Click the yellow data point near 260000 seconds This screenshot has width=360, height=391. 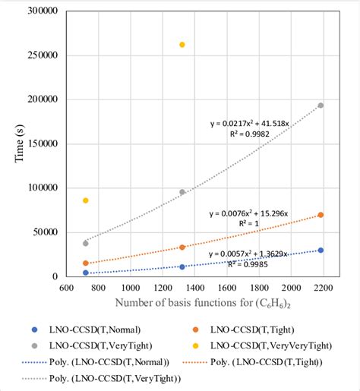tap(182, 45)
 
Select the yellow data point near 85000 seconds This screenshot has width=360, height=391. tap(86, 200)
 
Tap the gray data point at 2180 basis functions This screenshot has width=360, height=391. tap(321, 106)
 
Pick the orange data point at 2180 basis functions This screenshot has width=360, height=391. tap(321, 215)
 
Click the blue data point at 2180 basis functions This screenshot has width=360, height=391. tap(321, 250)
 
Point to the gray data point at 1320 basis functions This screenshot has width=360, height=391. tap(182, 192)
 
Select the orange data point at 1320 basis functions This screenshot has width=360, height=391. tap(182, 247)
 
